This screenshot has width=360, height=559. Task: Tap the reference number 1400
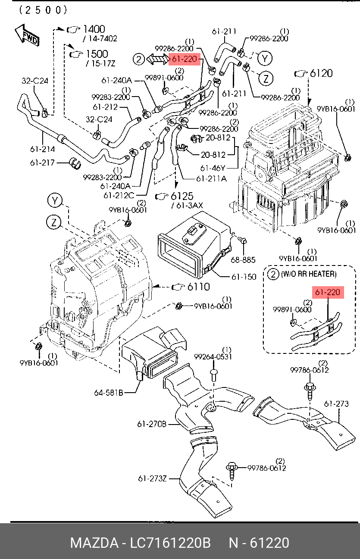94,29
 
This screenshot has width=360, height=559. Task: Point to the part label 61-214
42,149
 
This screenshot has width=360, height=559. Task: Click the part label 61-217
42,163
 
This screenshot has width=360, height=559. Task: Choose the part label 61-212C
119,195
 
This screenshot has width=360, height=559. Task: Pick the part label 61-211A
211,178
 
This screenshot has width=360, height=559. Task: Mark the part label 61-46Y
213,168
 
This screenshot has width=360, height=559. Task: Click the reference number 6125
182,196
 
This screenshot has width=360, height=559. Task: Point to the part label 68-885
243,260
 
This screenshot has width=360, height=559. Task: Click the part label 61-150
244,277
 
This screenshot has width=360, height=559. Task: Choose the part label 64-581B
109,393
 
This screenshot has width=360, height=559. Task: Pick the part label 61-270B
152,424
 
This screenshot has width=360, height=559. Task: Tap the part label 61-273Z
152,478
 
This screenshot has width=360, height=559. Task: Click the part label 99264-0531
213,357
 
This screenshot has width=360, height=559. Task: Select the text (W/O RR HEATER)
308,274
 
